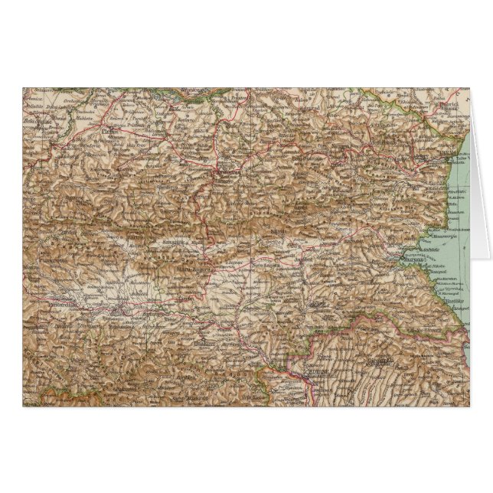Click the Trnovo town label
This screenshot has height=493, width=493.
pyautogui.click(x=224, y=172)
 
